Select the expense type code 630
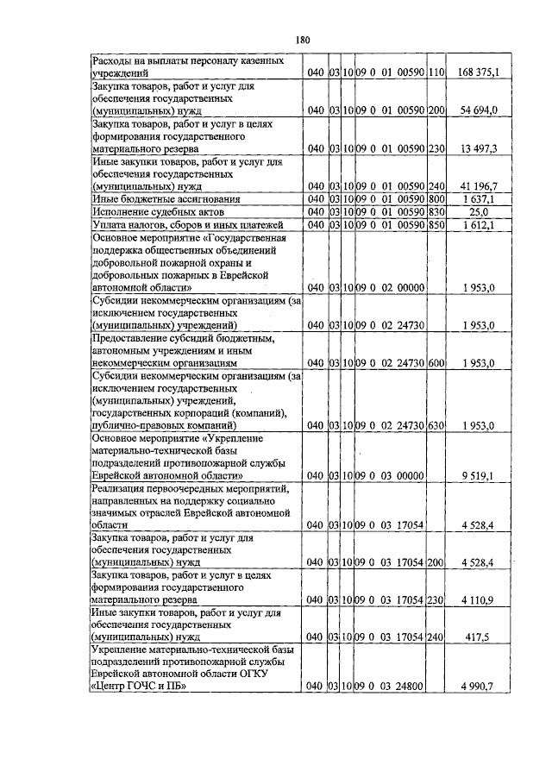[x=436, y=426]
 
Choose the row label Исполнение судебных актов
[x=158, y=211]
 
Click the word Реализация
[x=123, y=488]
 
